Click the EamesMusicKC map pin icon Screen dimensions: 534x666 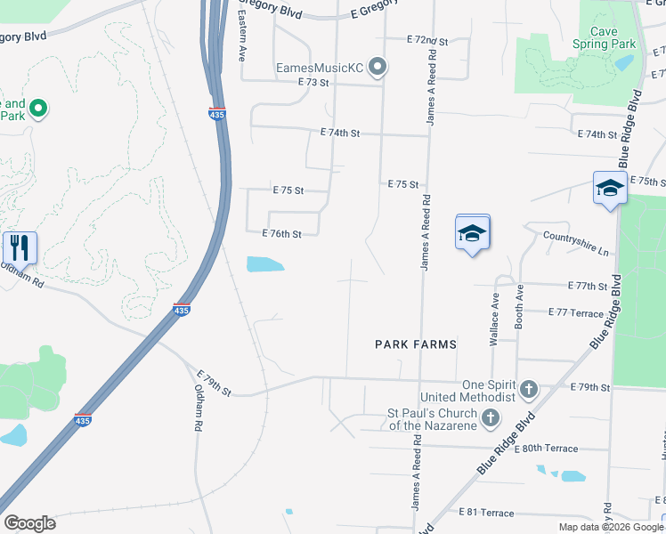click(378, 68)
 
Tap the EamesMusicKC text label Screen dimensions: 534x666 click(321, 68)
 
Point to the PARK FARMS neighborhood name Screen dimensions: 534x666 click(415, 344)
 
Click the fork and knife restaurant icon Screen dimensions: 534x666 click(19, 246)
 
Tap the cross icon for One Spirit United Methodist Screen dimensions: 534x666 click(529, 390)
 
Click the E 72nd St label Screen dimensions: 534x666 click(426, 41)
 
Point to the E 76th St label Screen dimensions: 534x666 click(282, 234)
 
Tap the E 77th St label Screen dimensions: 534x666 click(587, 287)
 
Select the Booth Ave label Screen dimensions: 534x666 click(518, 314)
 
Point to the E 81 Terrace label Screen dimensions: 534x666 click(486, 513)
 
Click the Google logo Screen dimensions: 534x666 click(29, 523)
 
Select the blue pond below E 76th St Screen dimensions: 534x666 click(264, 264)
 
